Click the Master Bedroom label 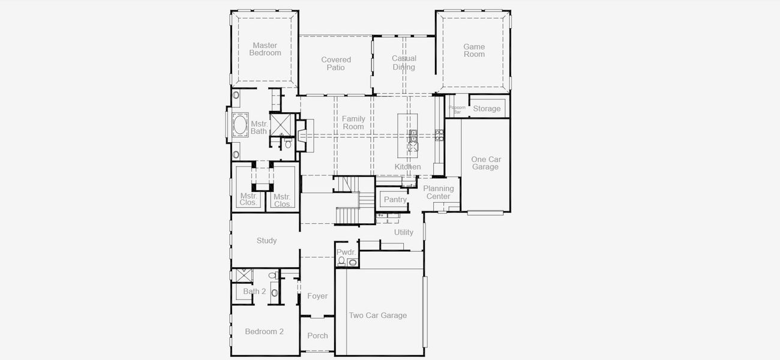(x=265, y=49)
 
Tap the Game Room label (x=474, y=50)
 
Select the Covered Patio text (x=336, y=64)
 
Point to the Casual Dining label (x=404, y=63)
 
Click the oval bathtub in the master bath (x=240, y=125)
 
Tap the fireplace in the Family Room (x=302, y=135)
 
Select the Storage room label (x=487, y=109)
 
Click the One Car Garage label (x=485, y=163)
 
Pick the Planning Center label (x=439, y=192)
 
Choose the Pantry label (x=395, y=200)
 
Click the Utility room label (x=404, y=232)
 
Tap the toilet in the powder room (x=341, y=261)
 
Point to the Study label (x=266, y=241)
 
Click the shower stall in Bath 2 (x=243, y=275)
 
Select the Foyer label (x=317, y=296)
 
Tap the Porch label (x=317, y=335)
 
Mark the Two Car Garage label (x=378, y=316)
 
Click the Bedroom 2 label (x=264, y=331)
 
